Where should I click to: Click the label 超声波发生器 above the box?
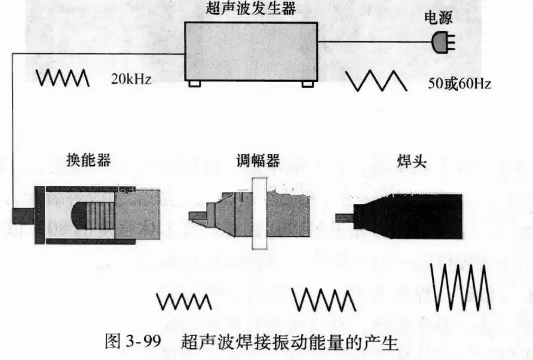pos(251,8)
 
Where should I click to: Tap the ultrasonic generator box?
pos(251,51)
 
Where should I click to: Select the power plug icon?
pos(443,42)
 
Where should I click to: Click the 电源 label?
pos(438,18)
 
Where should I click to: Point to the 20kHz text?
pos(131,79)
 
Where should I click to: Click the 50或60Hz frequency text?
pos(460,83)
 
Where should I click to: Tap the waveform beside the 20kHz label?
pos(63,78)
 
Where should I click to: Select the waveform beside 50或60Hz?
pos(376,81)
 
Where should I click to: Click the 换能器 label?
pos(88,160)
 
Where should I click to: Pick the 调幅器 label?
pos(258,160)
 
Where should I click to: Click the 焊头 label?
pos(412,161)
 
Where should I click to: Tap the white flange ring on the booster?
pos(259,213)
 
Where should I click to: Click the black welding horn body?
pos(408,216)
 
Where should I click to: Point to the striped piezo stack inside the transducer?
pos(100,216)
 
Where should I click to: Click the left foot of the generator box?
pos(194,84)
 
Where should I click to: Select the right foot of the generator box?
pos(308,84)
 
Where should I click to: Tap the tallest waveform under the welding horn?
pos(461,287)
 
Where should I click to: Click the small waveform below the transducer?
pos(184,301)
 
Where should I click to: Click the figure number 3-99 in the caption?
pos(143,341)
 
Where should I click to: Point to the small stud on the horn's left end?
pos(345,218)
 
